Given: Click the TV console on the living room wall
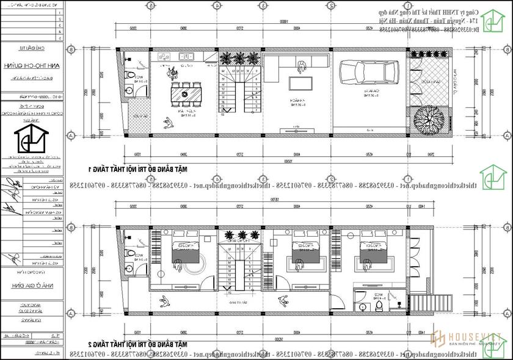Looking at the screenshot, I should pyautogui.click(x=299, y=128).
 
